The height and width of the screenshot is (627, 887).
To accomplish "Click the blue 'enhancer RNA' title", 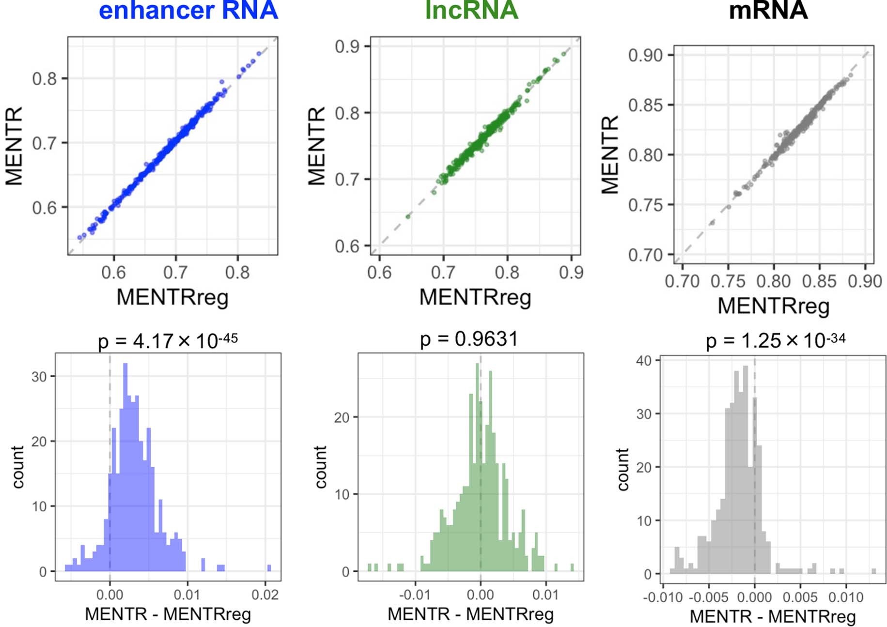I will pos(188,11).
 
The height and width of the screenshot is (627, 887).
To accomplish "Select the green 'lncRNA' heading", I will pos(471,11).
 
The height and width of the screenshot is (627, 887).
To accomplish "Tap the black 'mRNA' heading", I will pos(768,11).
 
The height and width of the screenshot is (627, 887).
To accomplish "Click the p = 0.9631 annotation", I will pos(469,339).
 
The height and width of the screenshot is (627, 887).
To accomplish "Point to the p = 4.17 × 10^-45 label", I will pos(168,340).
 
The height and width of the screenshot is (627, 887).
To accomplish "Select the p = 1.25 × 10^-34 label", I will pos(775,340).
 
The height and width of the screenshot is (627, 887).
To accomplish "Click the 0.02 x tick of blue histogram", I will pos(265,595).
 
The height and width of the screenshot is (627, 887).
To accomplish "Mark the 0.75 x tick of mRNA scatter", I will pos(728,281).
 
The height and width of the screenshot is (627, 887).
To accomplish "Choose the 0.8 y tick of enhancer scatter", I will pos(44,78).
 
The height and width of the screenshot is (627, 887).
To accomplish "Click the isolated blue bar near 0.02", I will pos(269,568).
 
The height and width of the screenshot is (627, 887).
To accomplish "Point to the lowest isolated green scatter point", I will pos(408,216).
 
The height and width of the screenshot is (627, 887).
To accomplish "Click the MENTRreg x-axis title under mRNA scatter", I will pos(773,306).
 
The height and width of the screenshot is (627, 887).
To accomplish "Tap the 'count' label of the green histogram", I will pos(320,467).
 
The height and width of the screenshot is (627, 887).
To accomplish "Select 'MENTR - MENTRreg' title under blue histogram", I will pos(168,614).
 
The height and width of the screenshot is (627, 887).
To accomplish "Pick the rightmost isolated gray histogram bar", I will pos(873,571).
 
